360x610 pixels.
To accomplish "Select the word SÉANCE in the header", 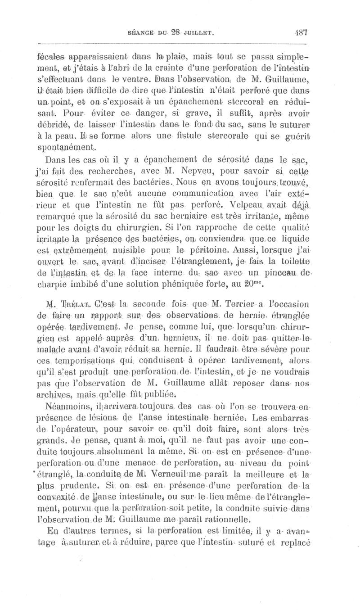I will click(x=143, y=33).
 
